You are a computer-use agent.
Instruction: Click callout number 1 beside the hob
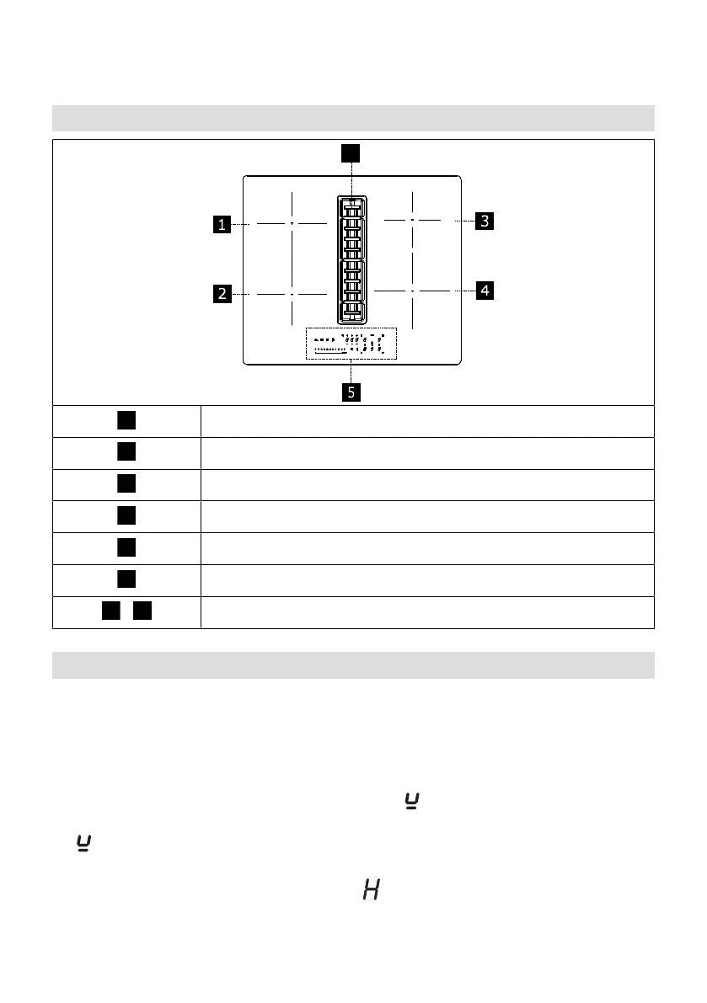click(x=222, y=224)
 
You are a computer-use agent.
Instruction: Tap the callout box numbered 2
click(x=222, y=294)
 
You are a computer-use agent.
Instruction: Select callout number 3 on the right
click(x=484, y=221)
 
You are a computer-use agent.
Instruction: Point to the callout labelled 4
click(x=484, y=291)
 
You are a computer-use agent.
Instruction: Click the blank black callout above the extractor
click(x=351, y=152)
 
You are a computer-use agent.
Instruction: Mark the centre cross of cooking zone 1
click(x=291, y=224)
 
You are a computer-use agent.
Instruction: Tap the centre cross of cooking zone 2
click(x=291, y=294)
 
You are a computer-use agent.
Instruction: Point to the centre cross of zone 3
click(x=413, y=219)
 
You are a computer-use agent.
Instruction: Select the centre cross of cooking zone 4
click(x=413, y=290)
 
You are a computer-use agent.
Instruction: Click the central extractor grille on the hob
click(x=352, y=259)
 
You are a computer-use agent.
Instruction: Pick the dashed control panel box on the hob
click(x=351, y=344)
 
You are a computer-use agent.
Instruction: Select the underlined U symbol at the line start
click(x=83, y=842)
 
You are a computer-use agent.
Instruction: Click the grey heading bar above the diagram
click(x=353, y=117)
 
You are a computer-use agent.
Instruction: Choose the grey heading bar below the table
click(x=353, y=664)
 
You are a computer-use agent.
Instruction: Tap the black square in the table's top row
click(x=126, y=420)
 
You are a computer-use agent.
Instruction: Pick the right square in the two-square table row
click(x=142, y=611)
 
